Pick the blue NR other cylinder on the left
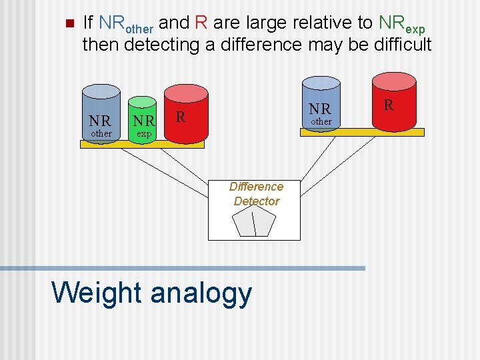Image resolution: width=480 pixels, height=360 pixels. coord(101,115)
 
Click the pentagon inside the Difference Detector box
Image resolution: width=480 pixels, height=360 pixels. coord(255,221)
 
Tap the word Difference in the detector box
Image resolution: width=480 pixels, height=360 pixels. coord(256,187)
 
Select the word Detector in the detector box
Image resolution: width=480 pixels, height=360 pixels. coord(256,201)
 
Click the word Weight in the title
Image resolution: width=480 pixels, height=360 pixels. coord(96,293)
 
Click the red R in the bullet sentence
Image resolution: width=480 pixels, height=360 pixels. coord(201,23)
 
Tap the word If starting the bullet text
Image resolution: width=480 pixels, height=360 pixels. coord(87,23)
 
